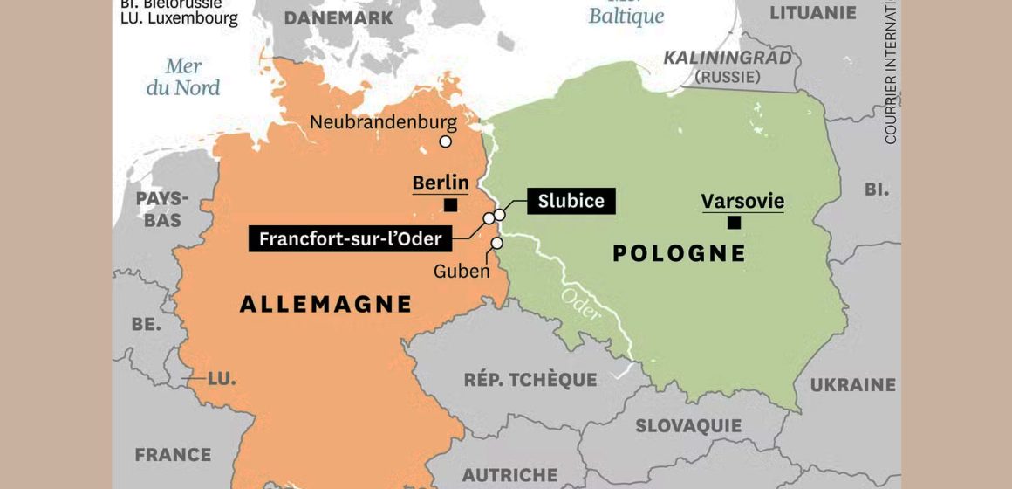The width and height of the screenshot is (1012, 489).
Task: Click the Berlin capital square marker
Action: (x=451, y=205)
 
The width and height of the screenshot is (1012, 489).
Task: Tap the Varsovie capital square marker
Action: (x=734, y=223)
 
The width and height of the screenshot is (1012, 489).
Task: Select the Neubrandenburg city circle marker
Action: (x=446, y=141)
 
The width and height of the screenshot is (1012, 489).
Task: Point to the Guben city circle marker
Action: (x=496, y=244)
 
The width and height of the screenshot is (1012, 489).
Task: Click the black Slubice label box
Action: (x=571, y=201)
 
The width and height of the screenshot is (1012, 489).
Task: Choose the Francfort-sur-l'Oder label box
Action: (x=350, y=238)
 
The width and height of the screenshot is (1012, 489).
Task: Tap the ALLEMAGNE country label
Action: (x=325, y=304)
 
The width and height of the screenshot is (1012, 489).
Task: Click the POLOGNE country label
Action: (x=680, y=253)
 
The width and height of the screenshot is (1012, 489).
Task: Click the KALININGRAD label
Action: (x=728, y=58)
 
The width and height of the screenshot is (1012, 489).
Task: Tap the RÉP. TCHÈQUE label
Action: (x=530, y=380)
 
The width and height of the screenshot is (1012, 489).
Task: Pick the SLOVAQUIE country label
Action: (x=688, y=426)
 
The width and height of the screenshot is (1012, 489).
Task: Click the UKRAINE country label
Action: (x=852, y=384)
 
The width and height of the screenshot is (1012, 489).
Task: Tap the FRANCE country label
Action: (x=173, y=455)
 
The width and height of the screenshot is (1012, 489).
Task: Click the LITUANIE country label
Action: (x=813, y=12)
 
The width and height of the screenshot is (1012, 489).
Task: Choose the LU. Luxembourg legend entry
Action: (x=179, y=17)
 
